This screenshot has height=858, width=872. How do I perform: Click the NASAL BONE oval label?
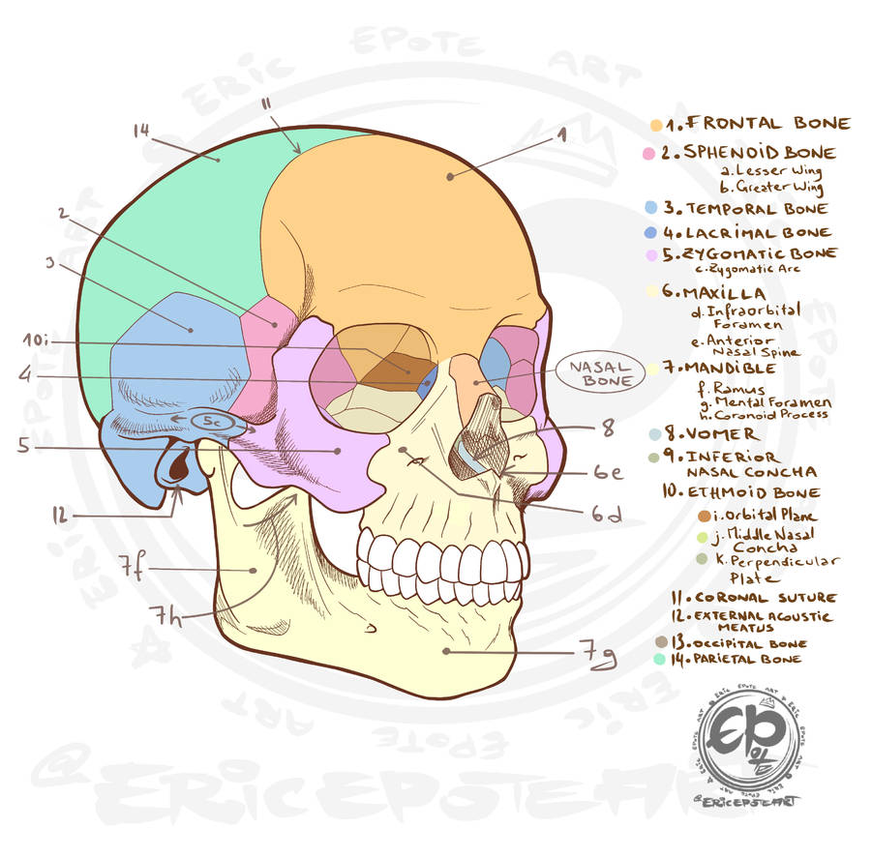coord(600,373)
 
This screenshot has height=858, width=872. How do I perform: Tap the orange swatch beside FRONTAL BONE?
coord(656,125)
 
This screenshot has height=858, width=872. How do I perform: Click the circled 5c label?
coord(211,422)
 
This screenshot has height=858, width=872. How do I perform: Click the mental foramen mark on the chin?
coord(371,629)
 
